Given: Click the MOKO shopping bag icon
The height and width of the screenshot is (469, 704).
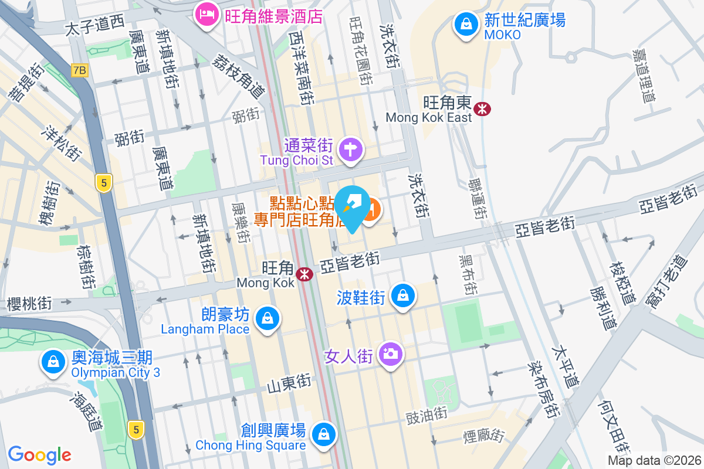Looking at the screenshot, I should [465, 24].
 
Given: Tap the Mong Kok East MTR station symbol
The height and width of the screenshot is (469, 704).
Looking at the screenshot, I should [483, 108].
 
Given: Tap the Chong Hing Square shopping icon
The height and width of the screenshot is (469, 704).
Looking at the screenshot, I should [323, 434].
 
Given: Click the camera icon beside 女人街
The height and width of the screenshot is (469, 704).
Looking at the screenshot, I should [390, 354].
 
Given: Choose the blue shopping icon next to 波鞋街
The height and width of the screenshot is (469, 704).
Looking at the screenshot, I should [403, 295].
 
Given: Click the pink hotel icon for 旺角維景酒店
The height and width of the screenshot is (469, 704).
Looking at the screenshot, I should [206, 14].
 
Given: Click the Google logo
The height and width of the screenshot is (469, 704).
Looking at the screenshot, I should [39, 455].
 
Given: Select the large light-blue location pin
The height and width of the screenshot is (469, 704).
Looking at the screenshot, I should [353, 209].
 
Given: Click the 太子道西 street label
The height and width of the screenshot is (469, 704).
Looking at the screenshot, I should [94, 24].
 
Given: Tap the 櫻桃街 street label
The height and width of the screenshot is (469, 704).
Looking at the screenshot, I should [29, 304].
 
